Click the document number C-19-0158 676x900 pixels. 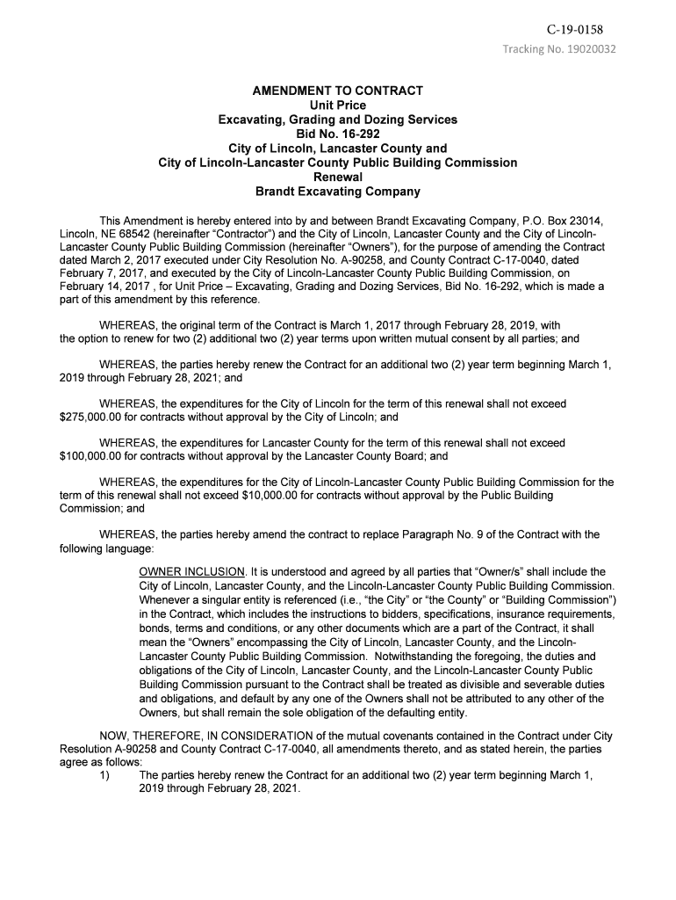575,30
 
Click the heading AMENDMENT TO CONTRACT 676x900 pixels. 337,91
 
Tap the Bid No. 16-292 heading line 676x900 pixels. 337,134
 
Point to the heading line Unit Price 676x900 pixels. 337,105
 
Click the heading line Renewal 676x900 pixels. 337,177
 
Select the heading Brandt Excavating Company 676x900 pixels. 337,192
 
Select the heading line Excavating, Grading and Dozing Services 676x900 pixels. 337,120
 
